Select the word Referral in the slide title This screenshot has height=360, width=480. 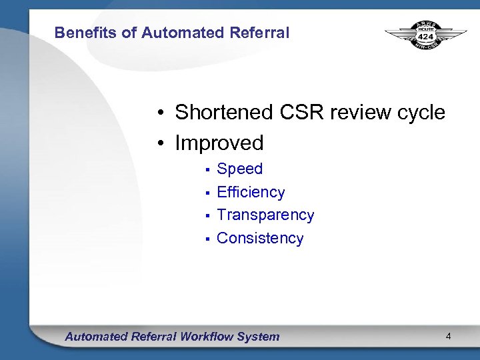[261, 33]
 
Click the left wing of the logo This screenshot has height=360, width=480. [399, 33]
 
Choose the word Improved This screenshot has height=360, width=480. [219, 143]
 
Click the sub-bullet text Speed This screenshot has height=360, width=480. [240, 169]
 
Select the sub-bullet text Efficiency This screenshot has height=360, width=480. [251, 193]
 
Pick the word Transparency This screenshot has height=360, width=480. [265, 215]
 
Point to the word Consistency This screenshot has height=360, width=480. [260, 239]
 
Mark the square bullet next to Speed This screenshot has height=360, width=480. [208, 170]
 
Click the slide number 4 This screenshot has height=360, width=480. [449, 337]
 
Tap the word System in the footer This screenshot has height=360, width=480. [259, 337]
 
